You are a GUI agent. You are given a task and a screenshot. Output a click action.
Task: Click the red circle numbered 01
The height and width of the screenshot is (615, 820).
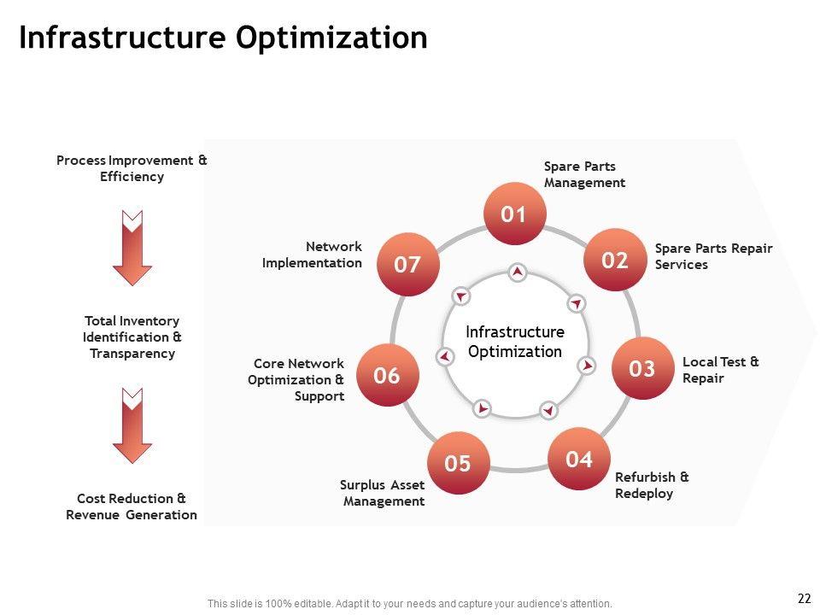[514, 214]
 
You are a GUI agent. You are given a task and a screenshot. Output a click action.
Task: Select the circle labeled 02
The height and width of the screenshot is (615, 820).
[615, 261]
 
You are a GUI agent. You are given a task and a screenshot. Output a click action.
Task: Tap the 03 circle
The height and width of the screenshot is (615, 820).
[641, 368]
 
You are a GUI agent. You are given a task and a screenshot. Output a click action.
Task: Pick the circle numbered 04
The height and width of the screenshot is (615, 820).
[579, 460]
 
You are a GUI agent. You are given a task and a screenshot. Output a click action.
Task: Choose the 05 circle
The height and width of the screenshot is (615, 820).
[458, 464]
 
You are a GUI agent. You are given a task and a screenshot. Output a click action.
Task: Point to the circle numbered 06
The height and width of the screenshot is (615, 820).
[387, 375]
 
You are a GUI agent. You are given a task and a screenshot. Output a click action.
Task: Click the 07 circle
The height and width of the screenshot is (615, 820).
[407, 265]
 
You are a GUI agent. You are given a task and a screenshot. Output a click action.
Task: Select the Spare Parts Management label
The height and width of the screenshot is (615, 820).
[584, 174]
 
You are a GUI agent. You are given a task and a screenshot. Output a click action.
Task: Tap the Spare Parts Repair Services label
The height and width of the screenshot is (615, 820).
[713, 256]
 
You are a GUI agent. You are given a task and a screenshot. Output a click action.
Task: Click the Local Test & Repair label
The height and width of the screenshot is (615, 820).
[720, 370]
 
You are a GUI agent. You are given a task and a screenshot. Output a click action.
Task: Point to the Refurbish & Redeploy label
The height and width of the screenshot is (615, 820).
[652, 485]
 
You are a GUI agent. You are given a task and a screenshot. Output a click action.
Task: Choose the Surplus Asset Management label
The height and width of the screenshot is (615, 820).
[382, 494]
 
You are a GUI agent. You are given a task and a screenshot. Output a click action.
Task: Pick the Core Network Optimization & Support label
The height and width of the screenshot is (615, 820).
[296, 379]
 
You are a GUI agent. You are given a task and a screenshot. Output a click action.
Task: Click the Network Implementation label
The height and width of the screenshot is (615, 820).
[312, 255]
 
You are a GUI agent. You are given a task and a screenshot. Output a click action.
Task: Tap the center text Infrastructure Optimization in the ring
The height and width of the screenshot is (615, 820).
[515, 342]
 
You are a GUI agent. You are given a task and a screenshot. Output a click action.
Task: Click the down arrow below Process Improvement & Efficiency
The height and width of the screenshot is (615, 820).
[132, 247]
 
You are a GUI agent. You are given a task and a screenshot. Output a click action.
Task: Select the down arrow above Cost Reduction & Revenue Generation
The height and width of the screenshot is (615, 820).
[132, 425]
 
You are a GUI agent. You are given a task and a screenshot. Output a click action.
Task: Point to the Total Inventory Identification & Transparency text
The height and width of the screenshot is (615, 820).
[132, 337]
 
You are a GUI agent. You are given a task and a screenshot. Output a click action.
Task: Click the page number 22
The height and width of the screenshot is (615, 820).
[803, 599]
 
